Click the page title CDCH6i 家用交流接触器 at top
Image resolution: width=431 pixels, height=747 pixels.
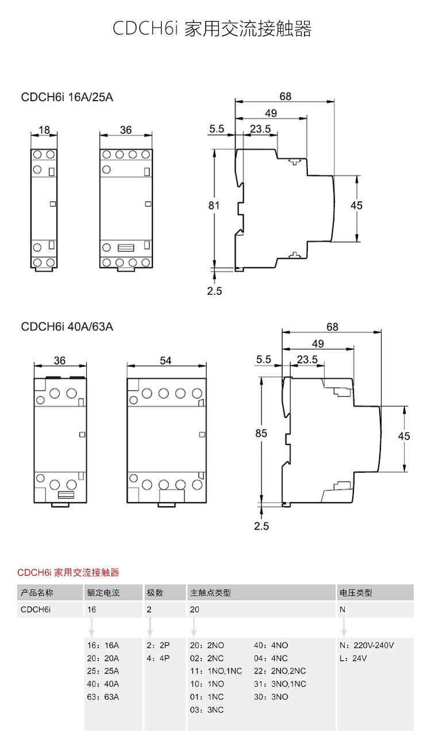pyautogui.click(x=212, y=28)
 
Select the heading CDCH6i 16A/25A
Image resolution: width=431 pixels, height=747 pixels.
pyautogui.click(x=67, y=97)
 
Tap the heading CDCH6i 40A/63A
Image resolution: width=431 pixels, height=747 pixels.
pyautogui.click(x=67, y=326)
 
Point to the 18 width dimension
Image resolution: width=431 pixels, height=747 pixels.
pyautogui.click(x=44, y=129)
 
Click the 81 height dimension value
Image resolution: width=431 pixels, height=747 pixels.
pyautogui.click(x=214, y=206)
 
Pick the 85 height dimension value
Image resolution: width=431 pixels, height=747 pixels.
pyautogui.click(x=261, y=433)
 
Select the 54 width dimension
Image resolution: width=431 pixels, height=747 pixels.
pyautogui.click(x=166, y=360)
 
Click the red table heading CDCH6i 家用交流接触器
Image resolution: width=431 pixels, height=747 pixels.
pyautogui.click(x=68, y=572)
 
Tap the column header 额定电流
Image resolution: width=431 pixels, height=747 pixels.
pyautogui.click(x=103, y=592)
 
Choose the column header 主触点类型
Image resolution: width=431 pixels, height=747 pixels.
pyautogui.click(x=210, y=592)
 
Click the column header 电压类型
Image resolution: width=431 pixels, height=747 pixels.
pyautogui.click(x=356, y=592)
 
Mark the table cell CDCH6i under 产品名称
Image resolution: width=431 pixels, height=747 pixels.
pyautogui.click(x=36, y=610)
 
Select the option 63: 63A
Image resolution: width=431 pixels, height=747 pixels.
pyautogui.click(x=103, y=697)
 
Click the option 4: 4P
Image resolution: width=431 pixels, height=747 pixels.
pyautogui.click(x=158, y=659)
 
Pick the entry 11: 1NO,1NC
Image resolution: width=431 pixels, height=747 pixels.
pyautogui.click(x=216, y=671)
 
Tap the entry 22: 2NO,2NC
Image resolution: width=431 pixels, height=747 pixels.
pyautogui.click(x=280, y=671)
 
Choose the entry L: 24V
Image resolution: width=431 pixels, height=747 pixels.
pyautogui.click(x=353, y=659)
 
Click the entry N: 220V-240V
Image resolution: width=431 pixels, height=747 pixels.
pyautogui.click(x=367, y=645)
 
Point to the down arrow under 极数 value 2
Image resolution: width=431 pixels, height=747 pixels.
pyautogui.click(x=150, y=627)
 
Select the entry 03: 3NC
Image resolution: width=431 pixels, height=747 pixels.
pyautogui.click(x=207, y=710)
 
